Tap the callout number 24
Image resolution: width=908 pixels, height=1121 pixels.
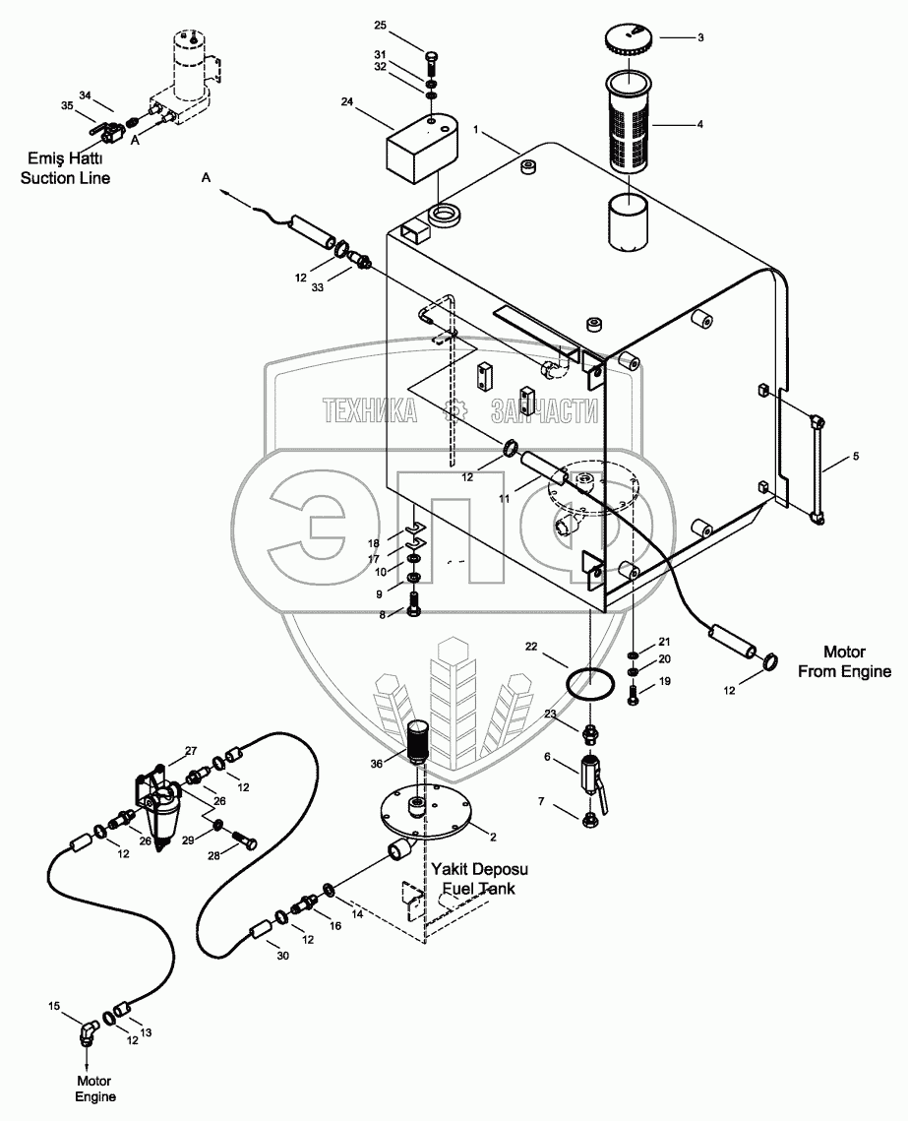point(347,102)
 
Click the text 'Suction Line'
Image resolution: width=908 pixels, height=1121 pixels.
point(65,178)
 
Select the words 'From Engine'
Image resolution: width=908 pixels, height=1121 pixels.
point(844,671)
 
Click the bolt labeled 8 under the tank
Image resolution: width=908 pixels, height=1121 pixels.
point(414,605)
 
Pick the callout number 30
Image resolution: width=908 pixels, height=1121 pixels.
point(282,955)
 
